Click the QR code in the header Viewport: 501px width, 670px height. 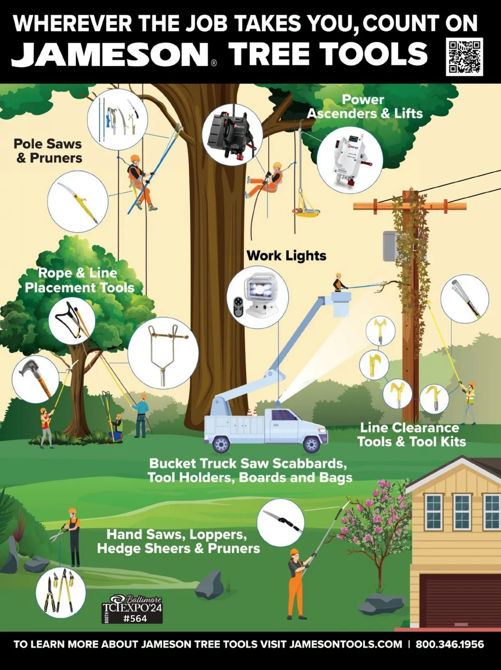(x=464, y=56)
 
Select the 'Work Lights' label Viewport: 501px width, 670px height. (x=286, y=256)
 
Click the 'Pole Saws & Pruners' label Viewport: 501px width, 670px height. (x=48, y=151)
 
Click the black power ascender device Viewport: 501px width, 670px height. (x=232, y=135)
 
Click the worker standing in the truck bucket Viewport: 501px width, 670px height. (x=338, y=283)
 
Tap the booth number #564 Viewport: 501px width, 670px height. (x=135, y=618)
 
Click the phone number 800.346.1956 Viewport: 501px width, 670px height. (x=450, y=645)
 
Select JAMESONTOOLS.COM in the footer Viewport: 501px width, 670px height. (x=346, y=645)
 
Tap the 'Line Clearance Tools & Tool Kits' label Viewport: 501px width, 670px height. (x=411, y=435)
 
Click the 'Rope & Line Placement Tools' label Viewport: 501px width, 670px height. (x=79, y=280)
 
